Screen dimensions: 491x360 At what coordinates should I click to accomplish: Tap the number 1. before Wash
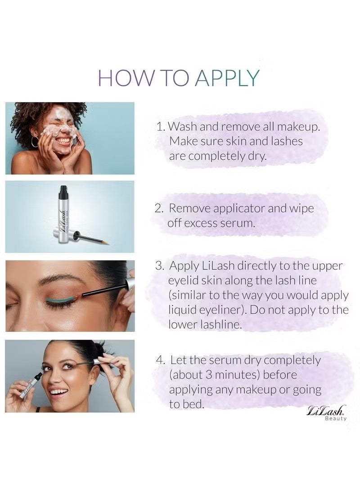[161, 127]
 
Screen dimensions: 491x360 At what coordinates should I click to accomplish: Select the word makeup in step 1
[298, 127]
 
